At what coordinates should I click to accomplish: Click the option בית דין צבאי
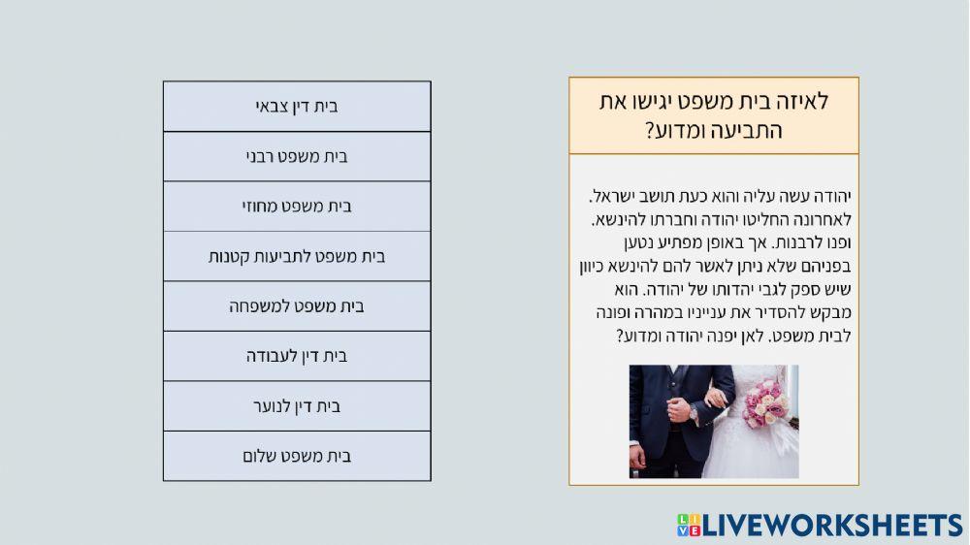[x=297, y=107]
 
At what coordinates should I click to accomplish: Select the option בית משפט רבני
[x=297, y=156]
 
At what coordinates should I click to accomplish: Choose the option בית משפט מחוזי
[x=297, y=207]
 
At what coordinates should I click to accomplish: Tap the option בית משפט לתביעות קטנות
[x=297, y=257]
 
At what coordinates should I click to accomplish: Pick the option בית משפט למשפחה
[x=297, y=306]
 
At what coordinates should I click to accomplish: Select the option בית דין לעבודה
[x=297, y=356]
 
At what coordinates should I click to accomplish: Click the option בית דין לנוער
[x=297, y=406]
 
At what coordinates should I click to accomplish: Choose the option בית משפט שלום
[x=297, y=456]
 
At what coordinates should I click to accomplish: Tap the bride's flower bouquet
[x=767, y=402]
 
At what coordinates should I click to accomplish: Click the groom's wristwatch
[x=693, y=412]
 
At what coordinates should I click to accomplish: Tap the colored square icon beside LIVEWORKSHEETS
[x=688, y=526]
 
